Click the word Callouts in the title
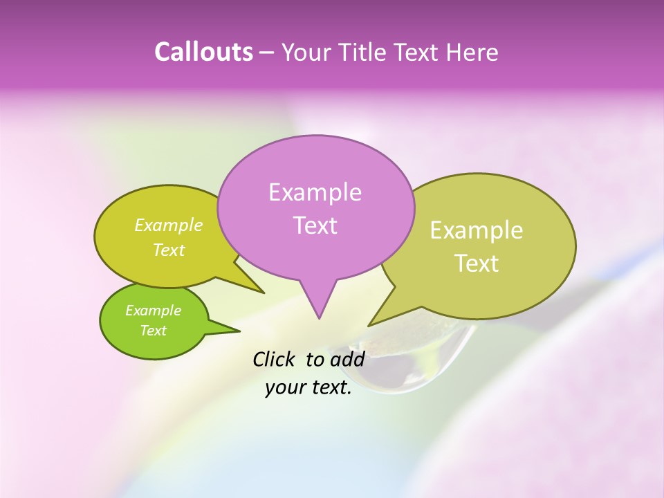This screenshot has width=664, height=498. click(x=203, y=52)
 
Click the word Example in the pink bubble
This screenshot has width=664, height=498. click(x=315, y=192)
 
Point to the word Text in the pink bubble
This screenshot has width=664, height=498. click(x=315, y=225)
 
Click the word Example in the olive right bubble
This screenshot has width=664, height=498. click(x=477, y=230)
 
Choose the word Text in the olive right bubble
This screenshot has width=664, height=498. click(x=477, y=264)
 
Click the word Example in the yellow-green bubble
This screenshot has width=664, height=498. click(x=169, y=225)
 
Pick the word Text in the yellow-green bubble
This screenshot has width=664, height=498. click(x=169, y=250)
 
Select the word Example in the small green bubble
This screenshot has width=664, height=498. click(x=153, y=311)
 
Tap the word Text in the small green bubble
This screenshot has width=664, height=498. click(x=153, y=331)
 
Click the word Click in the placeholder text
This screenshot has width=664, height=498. click(x=275, y=359)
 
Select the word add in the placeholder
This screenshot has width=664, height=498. click(x=347, y=359)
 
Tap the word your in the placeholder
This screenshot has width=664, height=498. click(x=285, y=387)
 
